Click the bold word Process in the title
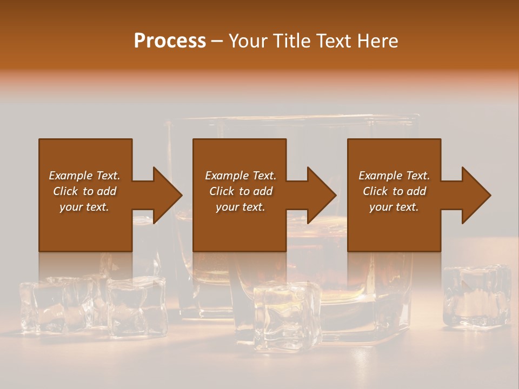point(170,41)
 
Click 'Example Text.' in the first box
point(84,176)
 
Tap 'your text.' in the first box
point(84,207)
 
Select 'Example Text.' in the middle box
point(241,176)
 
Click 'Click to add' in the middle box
point(241,191)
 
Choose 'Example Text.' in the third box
point(394,176)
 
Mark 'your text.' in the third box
point(394,207)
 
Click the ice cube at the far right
point(477,296)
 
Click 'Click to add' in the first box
point(84,191)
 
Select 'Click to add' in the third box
point(394,191)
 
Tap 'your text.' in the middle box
point(241,207)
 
